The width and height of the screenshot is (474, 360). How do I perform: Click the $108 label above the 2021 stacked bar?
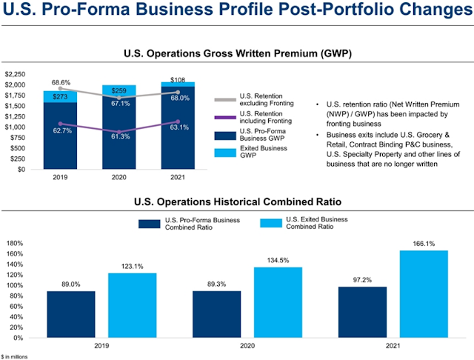pyautogui.click(x=178, y=78)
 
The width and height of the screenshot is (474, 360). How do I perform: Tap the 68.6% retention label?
pyautogui.click(x=60, y=81)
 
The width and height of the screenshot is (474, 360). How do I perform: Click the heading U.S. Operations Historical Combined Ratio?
pyautogui.click(x=236, y=200)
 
